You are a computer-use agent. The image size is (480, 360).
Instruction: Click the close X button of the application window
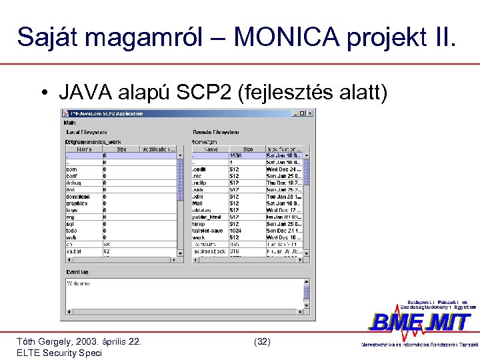(x=311, y=113)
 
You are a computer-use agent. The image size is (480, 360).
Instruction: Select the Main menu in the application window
(x=70, y=123)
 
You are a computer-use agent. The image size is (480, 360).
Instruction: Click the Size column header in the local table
(x=121, y=149)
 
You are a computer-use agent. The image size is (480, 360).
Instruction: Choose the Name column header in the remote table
(x=211, y=149)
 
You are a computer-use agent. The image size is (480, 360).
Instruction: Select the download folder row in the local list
(x=77, y=196)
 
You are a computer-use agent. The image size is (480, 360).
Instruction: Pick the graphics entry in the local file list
(x=76, y=203)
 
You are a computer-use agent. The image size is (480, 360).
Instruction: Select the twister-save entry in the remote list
(x=209, y=231)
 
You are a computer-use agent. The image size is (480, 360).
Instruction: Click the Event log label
(x=77, y=272)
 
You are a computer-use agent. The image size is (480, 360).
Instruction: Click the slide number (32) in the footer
(x=263, y=341)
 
